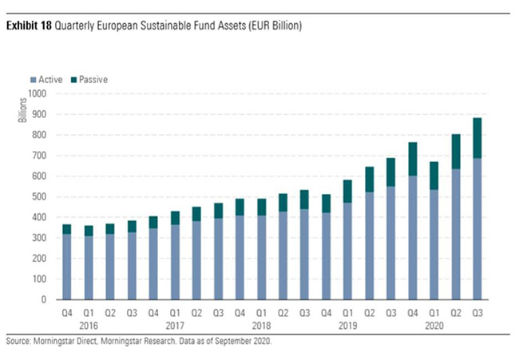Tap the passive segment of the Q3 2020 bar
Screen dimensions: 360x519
tap(477, 137)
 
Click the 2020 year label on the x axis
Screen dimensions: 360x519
tap(435, 326)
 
